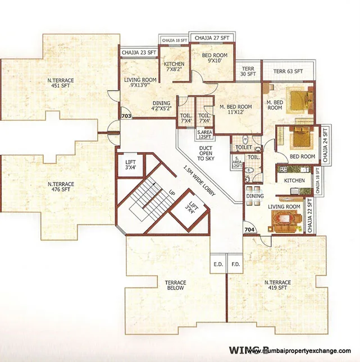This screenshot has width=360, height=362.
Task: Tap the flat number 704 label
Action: click(249, 230)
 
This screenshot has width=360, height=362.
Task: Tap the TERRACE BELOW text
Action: click(176, 286)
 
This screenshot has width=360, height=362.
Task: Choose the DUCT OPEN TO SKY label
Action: click(206, 153)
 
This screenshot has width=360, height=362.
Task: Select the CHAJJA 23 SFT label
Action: click(138, 52)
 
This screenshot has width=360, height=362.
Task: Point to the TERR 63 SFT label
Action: click(288, 71)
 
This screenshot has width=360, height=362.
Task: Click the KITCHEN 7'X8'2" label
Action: click(174, 67)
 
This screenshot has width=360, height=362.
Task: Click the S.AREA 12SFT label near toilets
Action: click(205, 134)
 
